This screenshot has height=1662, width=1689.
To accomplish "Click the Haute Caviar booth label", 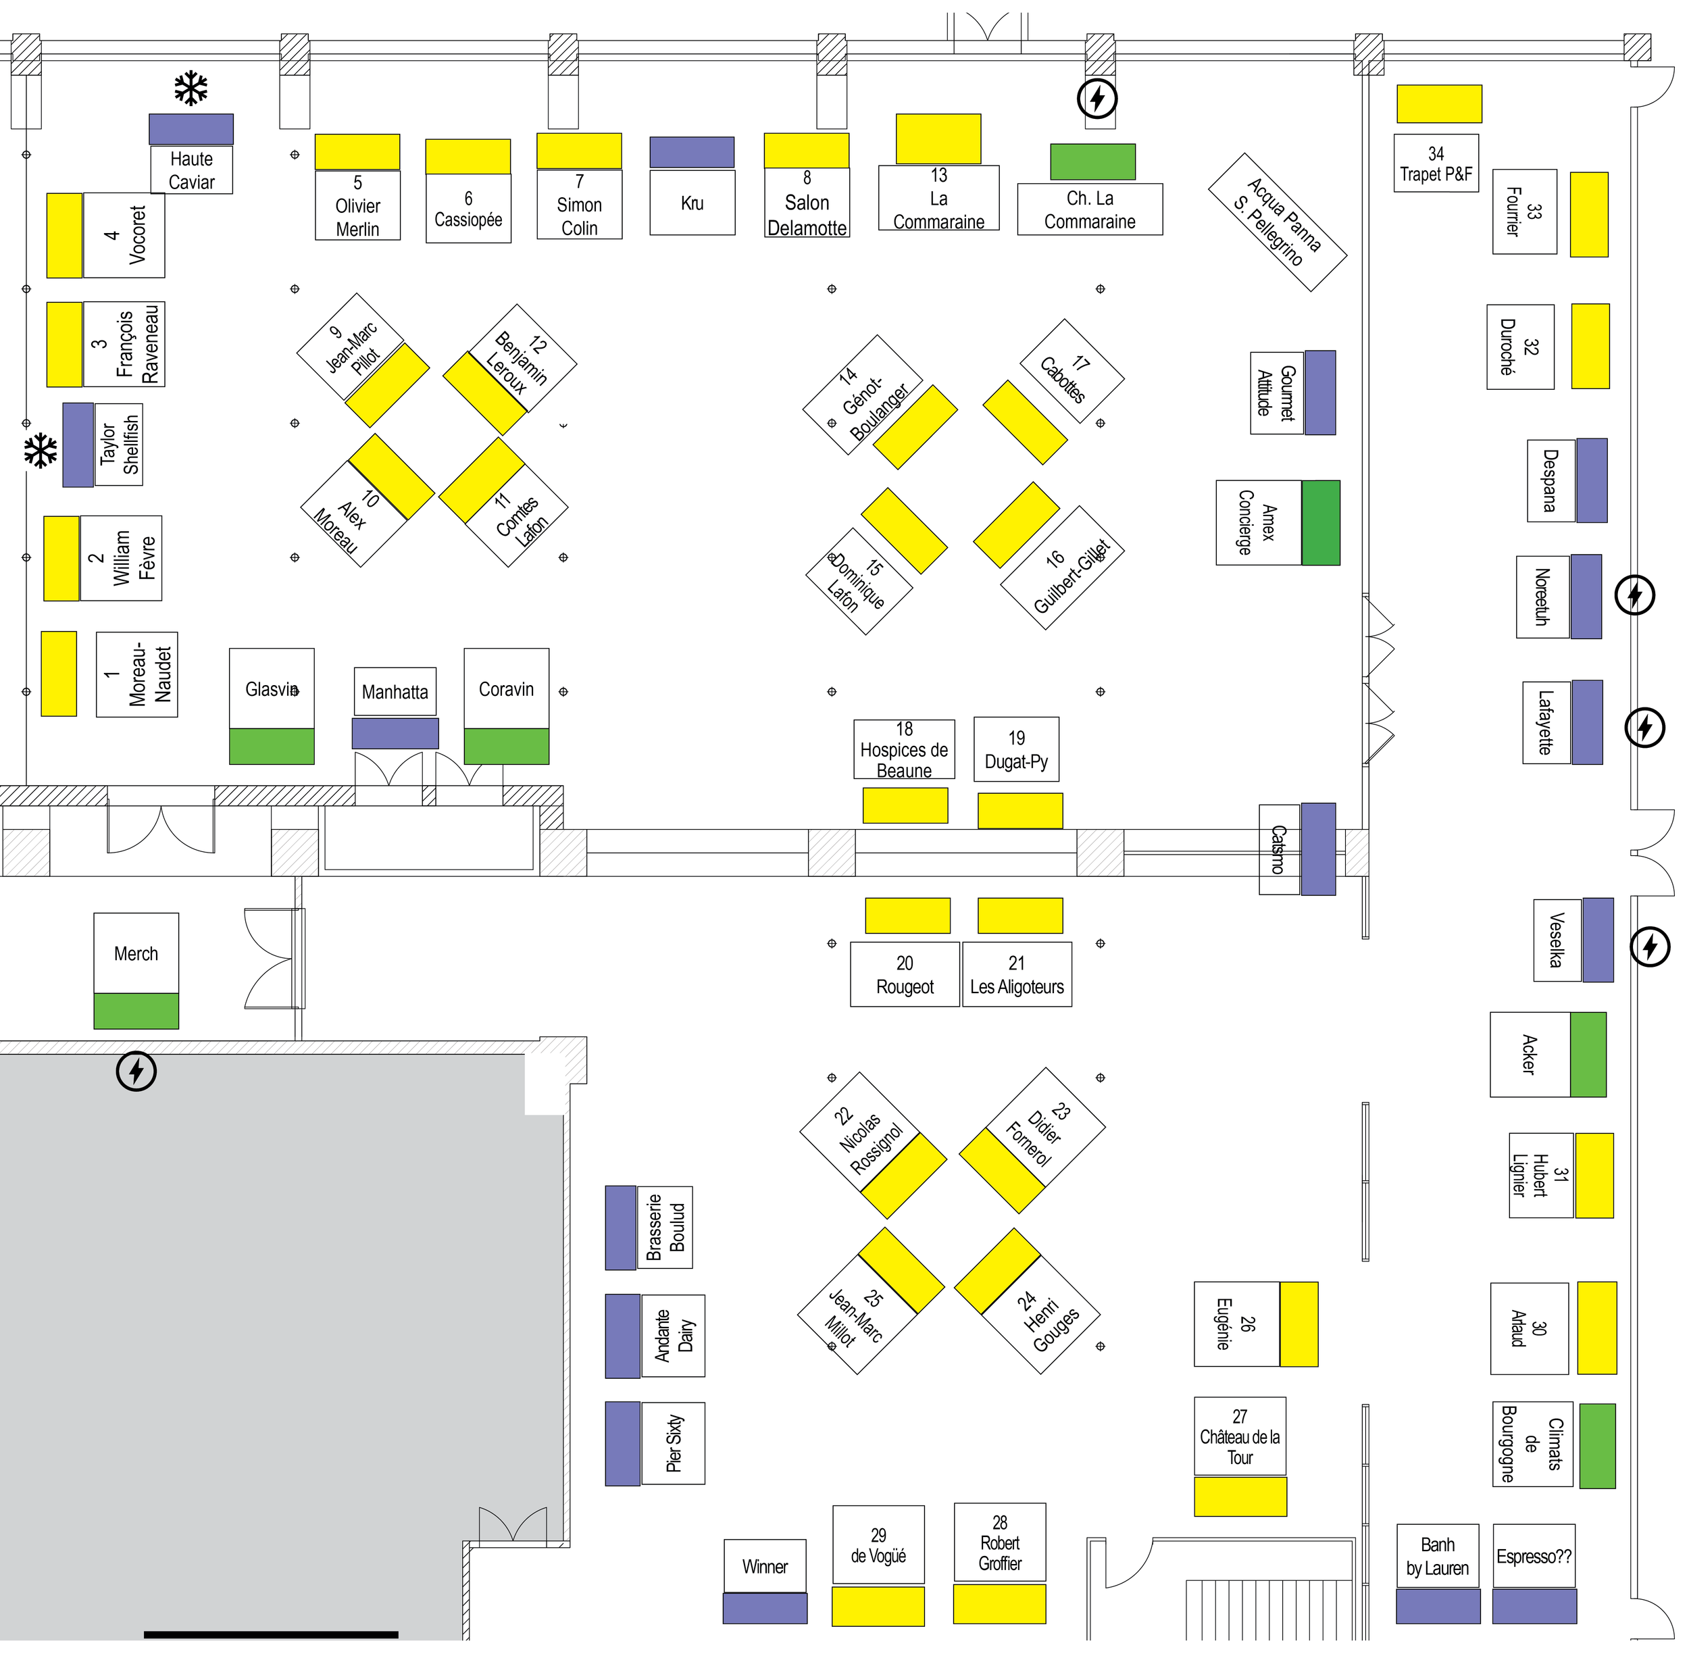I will (x=191, y=170).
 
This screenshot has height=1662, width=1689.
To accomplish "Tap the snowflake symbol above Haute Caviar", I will (x=191, y=88).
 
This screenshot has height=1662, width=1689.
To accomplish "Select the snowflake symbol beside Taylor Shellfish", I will (x=40, y=451).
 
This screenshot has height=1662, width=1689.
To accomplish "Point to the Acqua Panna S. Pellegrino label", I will (x=1276, y=222).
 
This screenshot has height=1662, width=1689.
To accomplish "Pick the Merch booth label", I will (x=136, y=953).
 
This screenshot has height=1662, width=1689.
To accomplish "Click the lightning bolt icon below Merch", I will (x=136, y=1070).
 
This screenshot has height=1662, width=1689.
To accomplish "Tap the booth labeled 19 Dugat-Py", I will (x=1016, y=749).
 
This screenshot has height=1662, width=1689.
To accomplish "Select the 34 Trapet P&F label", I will (x=1435, y=163).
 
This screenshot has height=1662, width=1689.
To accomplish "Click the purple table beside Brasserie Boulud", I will (x=621, y=1228).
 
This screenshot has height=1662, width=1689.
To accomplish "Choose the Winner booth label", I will (x=765, y=1566).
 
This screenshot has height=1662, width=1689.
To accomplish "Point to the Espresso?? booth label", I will (x=1534, y=1557).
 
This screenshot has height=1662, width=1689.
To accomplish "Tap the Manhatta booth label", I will (x=395, y=691).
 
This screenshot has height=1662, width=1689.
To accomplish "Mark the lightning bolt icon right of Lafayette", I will (x=1644, y=727).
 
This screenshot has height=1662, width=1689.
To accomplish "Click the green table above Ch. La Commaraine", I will (x=1092, y=161).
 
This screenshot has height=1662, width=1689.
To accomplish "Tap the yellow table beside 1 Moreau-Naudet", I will (x=59, y=673).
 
